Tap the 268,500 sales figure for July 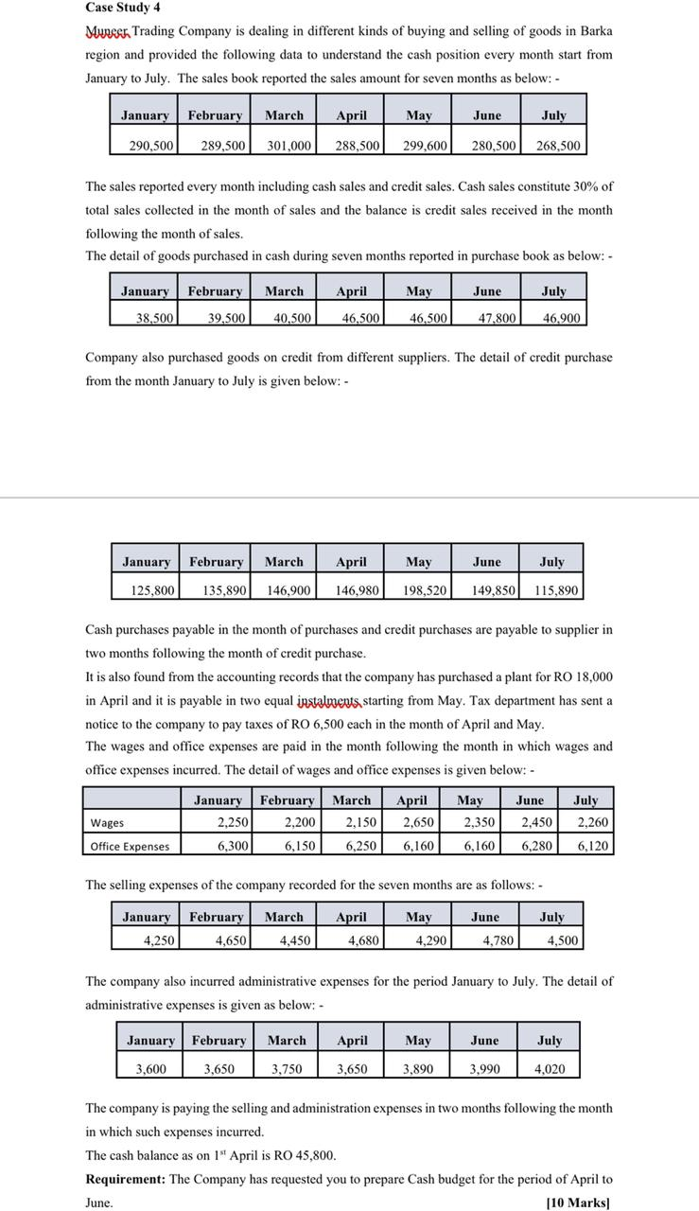click(x=558, y=146)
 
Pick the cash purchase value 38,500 click(x=155, y=319)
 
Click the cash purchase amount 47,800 click(x=494, y=319)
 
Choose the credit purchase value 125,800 click(x=152, y=590)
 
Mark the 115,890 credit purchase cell click(x=555, y=590)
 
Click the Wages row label click(x=107, y=823)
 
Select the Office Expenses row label click(x=130, y=846)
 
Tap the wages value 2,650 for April click(x=417, y=822)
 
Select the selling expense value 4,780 click(x=498, y=940)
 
